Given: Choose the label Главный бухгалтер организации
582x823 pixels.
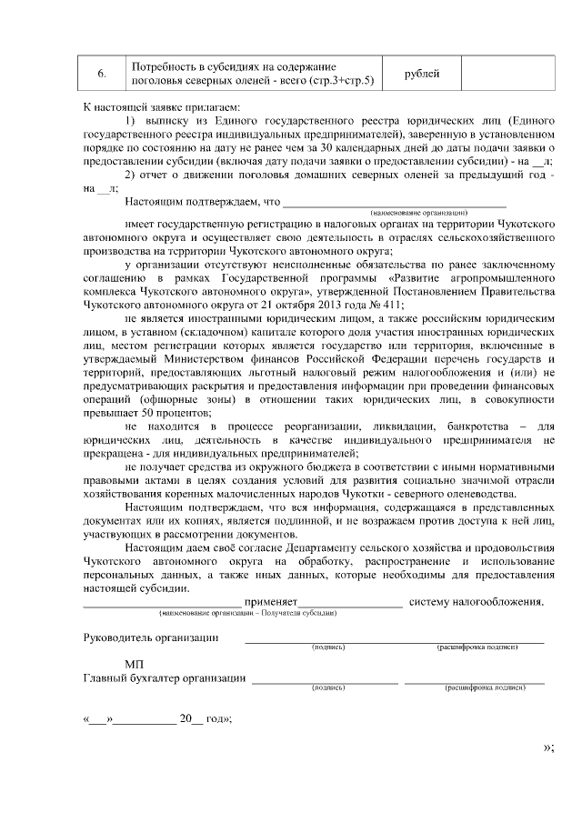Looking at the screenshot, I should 165,677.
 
